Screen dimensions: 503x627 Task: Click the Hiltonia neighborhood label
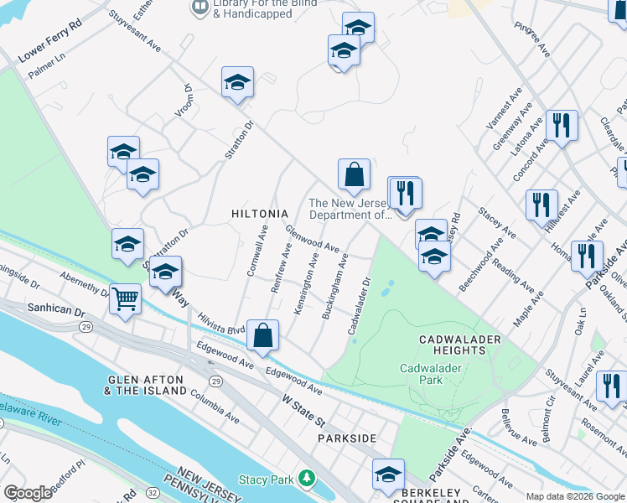[x=259, y=214]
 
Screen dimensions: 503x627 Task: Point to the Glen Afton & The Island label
[x=147, y=386]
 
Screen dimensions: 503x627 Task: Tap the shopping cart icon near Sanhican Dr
[x=125, y=299]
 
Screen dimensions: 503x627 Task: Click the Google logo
[x=27, y=493]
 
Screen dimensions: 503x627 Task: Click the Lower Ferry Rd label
[x=49, y=52]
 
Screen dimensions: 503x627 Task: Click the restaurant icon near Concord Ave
[x=561, y=126]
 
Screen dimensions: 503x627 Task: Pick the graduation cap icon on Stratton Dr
[x=237, y=84]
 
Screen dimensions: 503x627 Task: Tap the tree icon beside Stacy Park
[x=308, y=479]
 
